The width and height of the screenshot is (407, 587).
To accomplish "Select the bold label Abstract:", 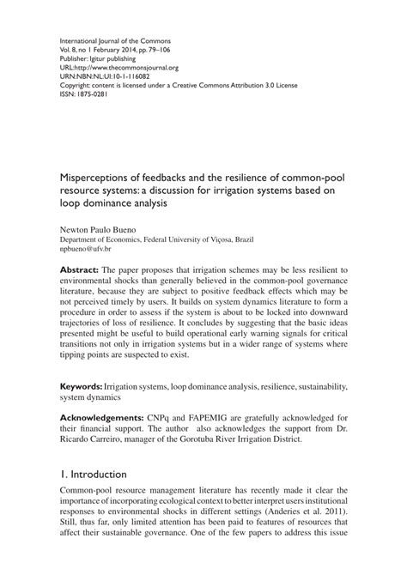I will coord(79,269).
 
